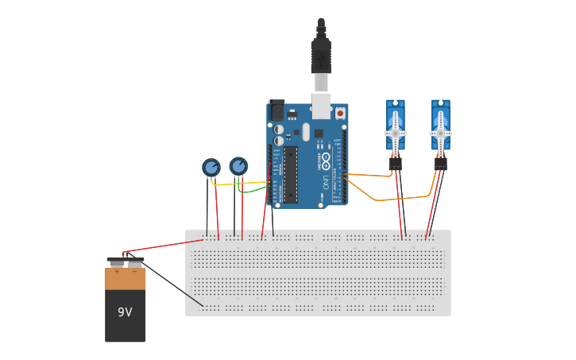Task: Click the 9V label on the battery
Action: coord(125,312)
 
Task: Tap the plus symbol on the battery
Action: coord(117,272)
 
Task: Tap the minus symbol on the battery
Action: coord(134,272)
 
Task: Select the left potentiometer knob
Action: coord(211,167)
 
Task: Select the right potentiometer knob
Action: coord(238,165)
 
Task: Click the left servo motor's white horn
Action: coord(395,133)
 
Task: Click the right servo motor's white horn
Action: coord(440,133)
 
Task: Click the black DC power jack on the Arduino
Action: coord(276,110)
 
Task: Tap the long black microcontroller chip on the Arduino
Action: coord(291,173)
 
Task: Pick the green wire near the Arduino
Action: coord(253,191)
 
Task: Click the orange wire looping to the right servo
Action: coord(389,199)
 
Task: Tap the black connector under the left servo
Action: coord(395,163)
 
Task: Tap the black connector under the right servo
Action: coord(440,163)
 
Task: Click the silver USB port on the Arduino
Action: coord(321,106)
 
